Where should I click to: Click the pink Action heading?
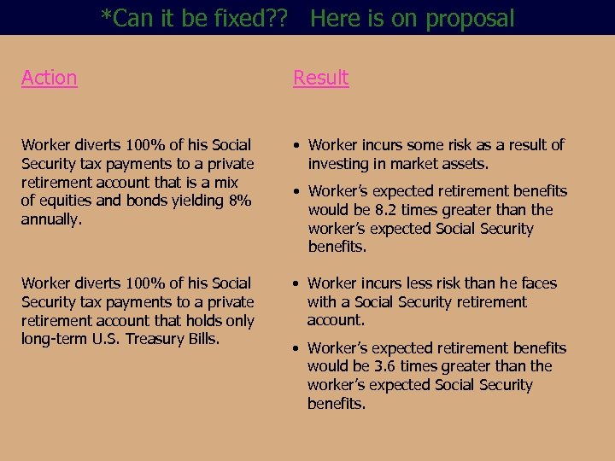(x=49, y=78)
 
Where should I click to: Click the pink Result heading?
(x=320, y=78)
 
